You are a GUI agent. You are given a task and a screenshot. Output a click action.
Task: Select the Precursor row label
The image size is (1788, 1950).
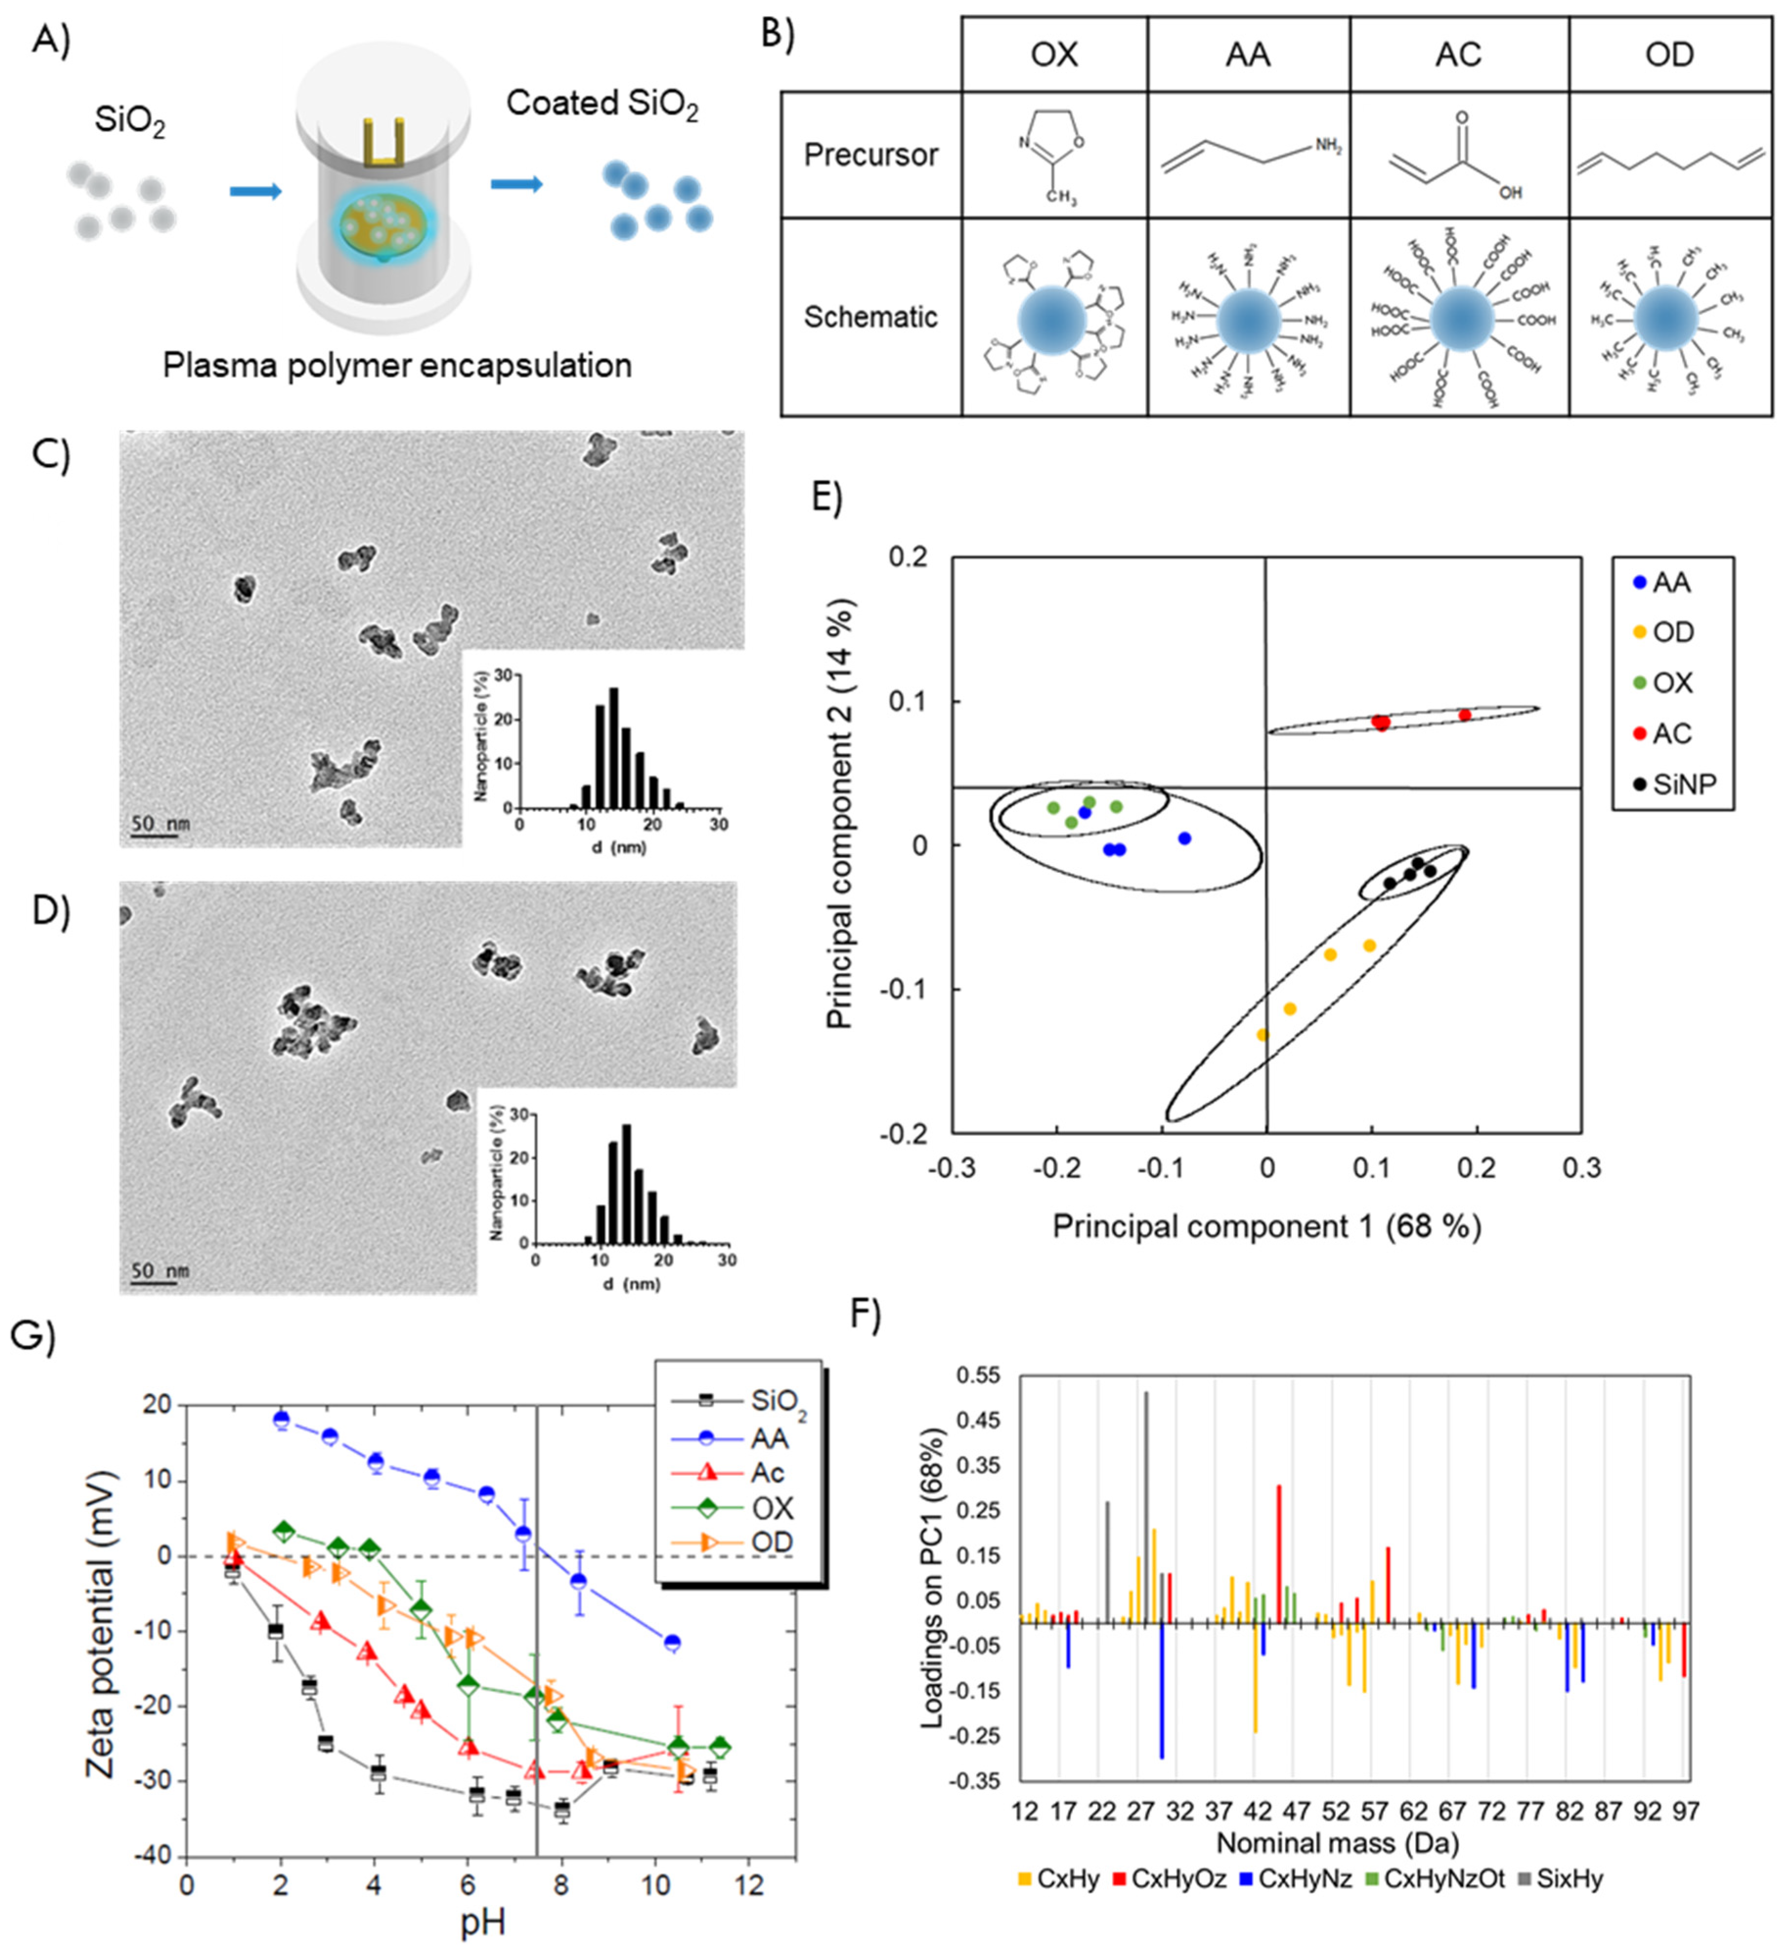click(870, 155)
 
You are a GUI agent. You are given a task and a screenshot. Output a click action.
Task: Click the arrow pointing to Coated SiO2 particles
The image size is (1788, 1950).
click(516, 184)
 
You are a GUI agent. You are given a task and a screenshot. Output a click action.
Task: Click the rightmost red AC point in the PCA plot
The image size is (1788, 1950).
click(1465, 715)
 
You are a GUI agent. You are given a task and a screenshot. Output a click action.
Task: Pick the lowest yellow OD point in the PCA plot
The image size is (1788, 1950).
click(1262, 1035)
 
